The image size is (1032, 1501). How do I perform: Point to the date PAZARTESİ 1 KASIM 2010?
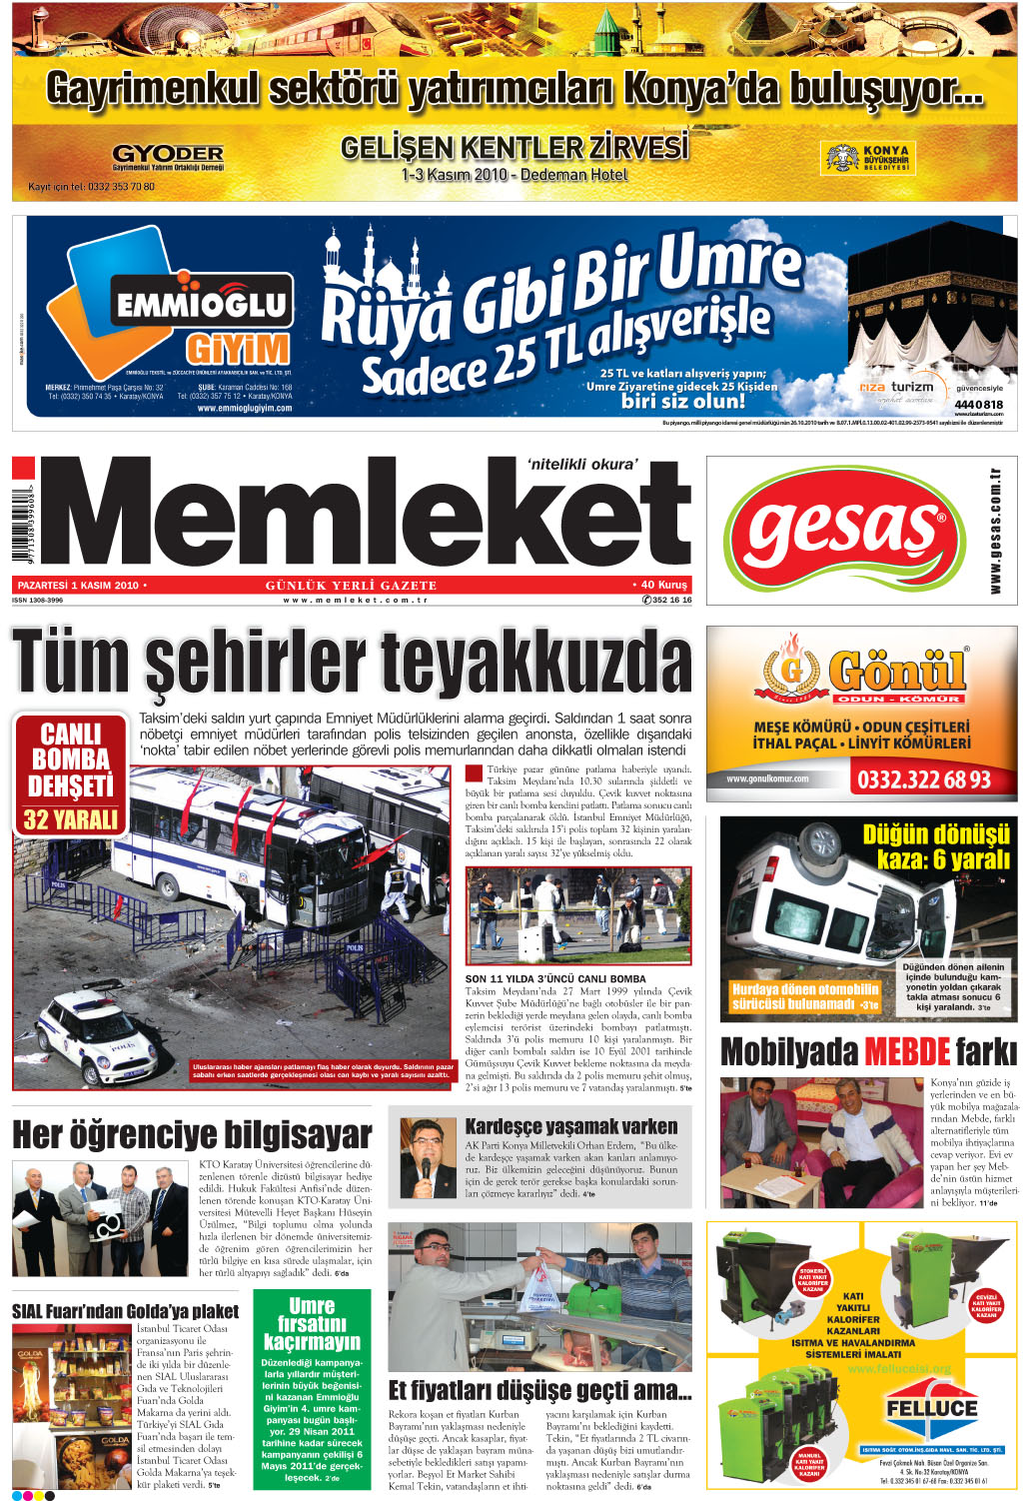pos(78,585)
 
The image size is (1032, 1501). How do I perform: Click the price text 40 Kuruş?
pos(660,585)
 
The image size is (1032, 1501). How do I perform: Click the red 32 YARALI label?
pos(71,819)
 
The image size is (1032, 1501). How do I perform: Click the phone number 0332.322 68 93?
pos(924,779)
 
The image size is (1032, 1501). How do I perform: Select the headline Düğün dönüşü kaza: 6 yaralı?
pos(935,846)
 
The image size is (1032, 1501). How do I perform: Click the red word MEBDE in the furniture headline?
pos(906,1051)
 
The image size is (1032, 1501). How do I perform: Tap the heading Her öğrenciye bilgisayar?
pos(192,1135)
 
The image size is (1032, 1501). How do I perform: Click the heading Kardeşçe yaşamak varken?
pos(571,1126)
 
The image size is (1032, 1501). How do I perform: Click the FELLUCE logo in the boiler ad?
pos(931,1407)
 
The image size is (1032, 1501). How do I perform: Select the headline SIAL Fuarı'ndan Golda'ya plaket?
pos(126,1311)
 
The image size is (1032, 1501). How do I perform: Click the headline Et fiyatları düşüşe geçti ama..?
pos(539,1390)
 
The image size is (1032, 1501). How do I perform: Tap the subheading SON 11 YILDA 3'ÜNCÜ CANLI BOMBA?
pos(555,978)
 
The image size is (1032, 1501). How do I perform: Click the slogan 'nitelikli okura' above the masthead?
pos(581,464)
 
